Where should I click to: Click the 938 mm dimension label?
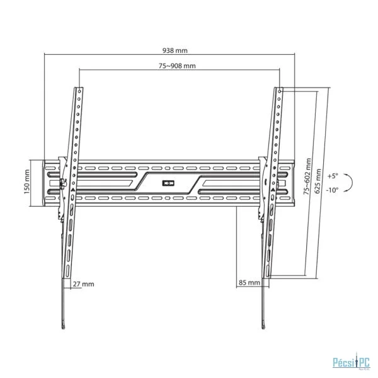click(x=175, y=50)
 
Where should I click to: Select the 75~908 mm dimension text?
click(x=177, y=66)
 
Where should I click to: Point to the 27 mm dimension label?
click(x=83, y=284)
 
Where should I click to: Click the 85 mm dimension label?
click(x=249, y=282)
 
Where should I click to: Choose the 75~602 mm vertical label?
click(x=307, y=176)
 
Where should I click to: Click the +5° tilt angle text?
click(x=333, y=176)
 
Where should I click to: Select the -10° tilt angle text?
click(x=333, y=190)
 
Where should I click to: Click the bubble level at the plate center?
click(x=168, y=183)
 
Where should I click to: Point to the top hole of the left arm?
click(x=79, y=91)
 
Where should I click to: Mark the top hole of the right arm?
click(x=279, y=91)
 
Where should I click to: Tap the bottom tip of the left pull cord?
click(x=64, y=328)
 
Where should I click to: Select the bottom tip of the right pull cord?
click(x=264, y=327)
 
